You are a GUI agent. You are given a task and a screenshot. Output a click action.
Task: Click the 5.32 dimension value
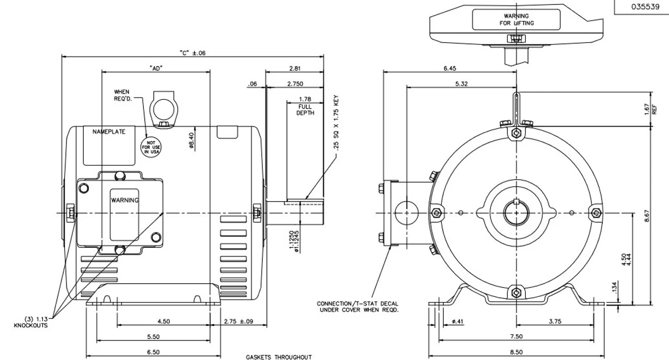click(x=461, y=84)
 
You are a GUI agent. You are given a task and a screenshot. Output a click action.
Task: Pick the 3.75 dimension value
click(x=555, y=322)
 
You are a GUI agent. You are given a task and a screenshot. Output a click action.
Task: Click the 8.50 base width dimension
click(x=516, y=352)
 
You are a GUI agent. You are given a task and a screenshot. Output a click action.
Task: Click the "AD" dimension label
click(x=155, y=68)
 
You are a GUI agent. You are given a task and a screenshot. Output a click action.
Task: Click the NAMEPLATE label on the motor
click(x=109, y=132)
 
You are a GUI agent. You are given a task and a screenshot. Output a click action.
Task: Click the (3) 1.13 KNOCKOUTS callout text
click(x=29, y=322)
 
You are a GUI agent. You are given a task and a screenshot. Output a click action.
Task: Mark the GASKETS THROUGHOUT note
click(x=279, y=357)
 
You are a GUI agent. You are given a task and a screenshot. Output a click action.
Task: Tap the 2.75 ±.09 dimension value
click(x=238, y=322)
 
